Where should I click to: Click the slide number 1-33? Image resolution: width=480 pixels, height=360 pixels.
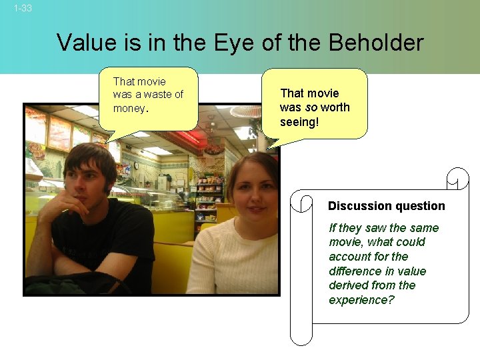click(x=22, y=9)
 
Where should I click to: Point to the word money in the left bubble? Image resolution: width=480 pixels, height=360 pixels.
click(x=128, y=108)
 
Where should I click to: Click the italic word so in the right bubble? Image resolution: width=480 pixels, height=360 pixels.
click(x=311, y=107)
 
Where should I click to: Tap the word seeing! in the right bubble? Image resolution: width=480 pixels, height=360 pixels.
click(x=300, y=122)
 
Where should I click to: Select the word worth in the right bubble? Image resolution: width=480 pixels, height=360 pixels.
click(x=335, y=107)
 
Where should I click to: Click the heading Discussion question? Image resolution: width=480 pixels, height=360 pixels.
click(x=386, y=206)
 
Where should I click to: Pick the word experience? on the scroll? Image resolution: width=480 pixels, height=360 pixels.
click(x=361, y=300)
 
